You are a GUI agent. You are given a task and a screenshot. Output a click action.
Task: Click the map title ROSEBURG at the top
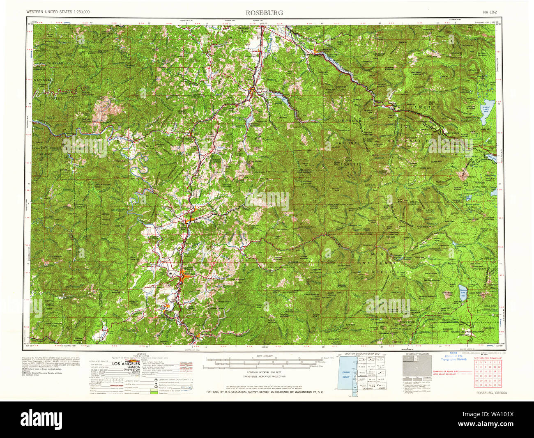pos(264,12)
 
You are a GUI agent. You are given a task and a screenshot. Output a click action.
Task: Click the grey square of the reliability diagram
pos(416,365)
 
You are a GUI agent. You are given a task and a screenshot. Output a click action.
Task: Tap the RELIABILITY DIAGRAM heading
pos(417,353)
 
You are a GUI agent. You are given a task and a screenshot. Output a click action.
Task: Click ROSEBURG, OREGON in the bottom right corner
pos(492,393)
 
